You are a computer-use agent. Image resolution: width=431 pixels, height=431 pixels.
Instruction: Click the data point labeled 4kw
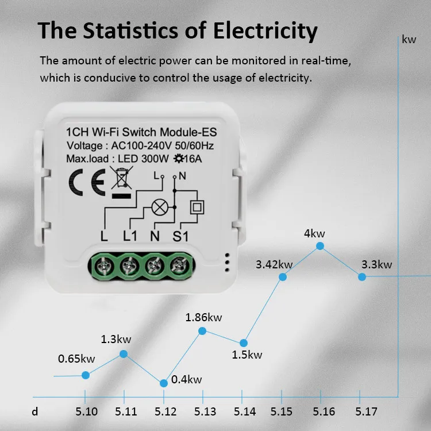pos(320,246)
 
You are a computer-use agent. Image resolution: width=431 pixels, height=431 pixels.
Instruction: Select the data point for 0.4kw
pos(164,383)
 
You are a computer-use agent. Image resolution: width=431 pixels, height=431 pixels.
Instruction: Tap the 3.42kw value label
pos(274,264)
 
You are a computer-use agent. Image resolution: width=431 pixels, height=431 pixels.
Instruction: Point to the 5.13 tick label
pos(205,411)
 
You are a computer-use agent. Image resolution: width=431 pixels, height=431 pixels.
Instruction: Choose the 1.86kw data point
pos(202,330)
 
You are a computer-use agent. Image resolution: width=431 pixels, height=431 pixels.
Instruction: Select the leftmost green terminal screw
pos(105,264)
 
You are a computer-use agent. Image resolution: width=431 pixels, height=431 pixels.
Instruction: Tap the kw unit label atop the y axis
pos(409,40)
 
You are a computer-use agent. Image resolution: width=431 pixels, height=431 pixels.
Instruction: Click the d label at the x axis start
pos(36,411)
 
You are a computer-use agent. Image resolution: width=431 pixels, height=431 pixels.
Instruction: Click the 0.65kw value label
pos(76,359)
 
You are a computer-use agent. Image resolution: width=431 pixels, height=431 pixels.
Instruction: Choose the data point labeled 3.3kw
pos(362,276)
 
